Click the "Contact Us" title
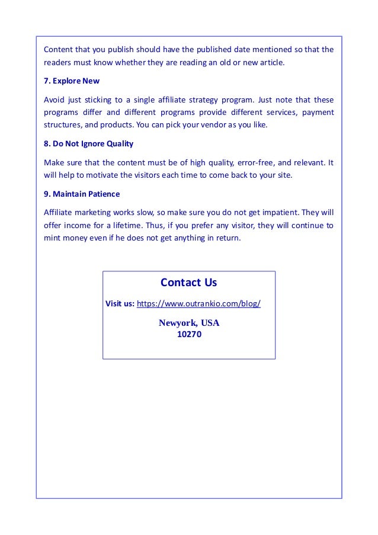click(x=188, y=283)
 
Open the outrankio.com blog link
click(x=198, y=304)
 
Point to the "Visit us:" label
click(x=120, y=304)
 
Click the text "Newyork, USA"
click(x=189, y=323)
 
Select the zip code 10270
click(x=189, y=334)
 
